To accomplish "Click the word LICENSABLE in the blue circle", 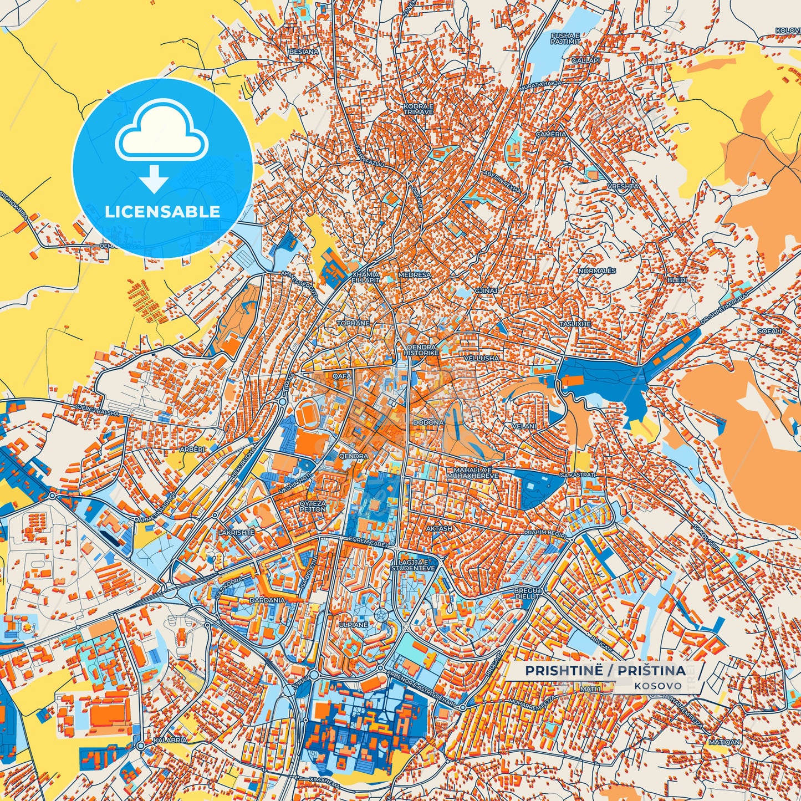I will tap(162, 212).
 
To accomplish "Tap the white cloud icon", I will tap(161, 134).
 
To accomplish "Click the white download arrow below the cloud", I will tap(154, 179).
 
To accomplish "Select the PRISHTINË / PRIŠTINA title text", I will tap(605, 671).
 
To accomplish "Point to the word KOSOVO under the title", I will tap(659, 686).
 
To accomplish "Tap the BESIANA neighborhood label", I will tap(304, 52).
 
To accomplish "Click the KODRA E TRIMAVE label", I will tap(418, 109).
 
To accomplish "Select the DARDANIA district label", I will tap(267, 600).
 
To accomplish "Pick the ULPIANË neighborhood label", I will tap(354, 624).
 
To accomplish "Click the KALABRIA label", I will tap(170, 740).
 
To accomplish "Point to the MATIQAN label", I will tap(724, 742).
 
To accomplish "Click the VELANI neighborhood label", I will tap(524, 426).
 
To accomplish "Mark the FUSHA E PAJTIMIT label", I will tap(565, 38).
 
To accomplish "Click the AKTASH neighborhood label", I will tap(439, 529).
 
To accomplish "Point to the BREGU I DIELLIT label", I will tap(527, 593).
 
